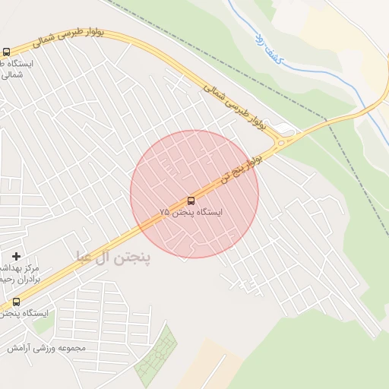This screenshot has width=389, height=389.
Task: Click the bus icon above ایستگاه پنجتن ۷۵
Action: tap(191, 201)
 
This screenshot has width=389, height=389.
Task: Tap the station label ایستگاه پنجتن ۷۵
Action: tap(191, 213)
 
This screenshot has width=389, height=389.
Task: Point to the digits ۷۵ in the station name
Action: tap(165, 213)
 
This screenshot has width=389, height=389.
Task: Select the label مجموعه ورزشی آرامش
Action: tap(47, 347)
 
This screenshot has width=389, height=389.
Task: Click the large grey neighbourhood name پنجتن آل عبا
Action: tap(114, 257)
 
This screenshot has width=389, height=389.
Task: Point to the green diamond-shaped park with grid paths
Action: tap(156, 357)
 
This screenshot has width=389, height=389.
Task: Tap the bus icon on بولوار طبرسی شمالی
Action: tap(6, 52)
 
